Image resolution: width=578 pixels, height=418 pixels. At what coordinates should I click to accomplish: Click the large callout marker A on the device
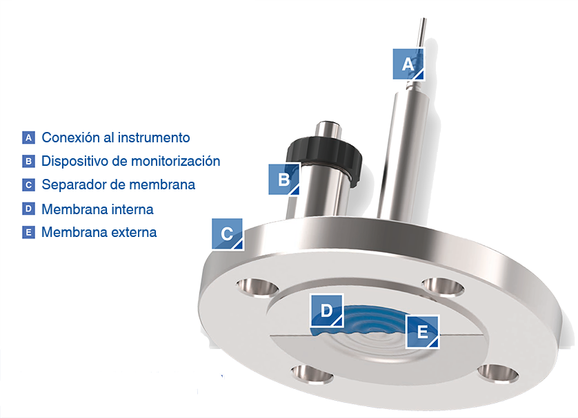coord(408,64)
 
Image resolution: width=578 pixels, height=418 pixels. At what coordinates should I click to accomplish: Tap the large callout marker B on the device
coord(284,179)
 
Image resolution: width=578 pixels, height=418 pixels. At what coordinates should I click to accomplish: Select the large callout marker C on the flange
coord(227,234)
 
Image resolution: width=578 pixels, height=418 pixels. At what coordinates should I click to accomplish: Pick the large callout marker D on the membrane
coord(327,310)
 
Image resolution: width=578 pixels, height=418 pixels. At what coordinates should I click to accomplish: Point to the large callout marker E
coord(422,332)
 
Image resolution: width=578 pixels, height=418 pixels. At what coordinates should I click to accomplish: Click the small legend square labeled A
coord(28,137)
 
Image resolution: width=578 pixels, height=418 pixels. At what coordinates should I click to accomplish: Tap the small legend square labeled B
coord(28,162)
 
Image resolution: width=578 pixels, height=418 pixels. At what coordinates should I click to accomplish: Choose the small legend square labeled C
coord(28,184)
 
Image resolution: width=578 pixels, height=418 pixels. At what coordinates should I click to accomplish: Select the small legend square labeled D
coord(28,209)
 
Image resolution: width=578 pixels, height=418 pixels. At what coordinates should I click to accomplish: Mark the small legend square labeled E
coord(28,232)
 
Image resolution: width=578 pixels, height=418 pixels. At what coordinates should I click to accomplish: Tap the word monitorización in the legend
coord(175,162)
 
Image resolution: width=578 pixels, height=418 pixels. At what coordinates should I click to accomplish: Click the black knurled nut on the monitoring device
coord(324,155)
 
